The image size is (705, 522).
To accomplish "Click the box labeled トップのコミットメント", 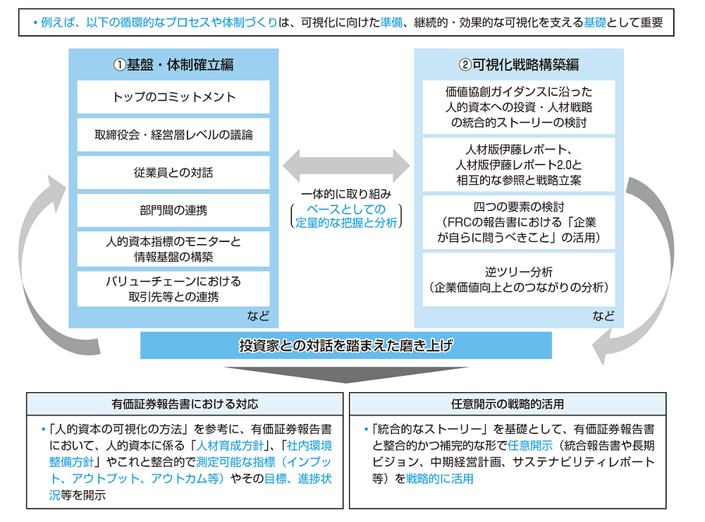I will coord(173,97).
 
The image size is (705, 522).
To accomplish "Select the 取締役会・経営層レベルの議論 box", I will coord(173,135).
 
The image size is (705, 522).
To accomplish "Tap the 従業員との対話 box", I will coord(173,173).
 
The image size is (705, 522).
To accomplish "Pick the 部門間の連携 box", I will coord(173,210).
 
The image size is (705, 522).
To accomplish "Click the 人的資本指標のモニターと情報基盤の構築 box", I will coord(173,248).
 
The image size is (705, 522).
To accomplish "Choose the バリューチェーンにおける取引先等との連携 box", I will coord(173,289).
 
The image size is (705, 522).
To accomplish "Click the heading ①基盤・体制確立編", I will coord(173,65).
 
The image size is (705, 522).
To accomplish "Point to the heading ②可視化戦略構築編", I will coord(519,65).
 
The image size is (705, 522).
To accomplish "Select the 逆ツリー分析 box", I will coord(519,279).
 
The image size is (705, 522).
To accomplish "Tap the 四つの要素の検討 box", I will coord(519,222).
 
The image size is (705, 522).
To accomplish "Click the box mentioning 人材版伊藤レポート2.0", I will coord(519,165).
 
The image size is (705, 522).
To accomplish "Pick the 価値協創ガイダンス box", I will coord(519,107).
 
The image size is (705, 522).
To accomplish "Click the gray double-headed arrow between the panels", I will coord(346,166).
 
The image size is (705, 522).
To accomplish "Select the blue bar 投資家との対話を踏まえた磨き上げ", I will coord(345,346).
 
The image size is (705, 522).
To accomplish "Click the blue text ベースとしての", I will coord(346,209).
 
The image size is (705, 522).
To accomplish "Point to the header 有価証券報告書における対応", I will coord(185,404).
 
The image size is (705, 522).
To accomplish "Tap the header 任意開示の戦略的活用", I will coord(508,404).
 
